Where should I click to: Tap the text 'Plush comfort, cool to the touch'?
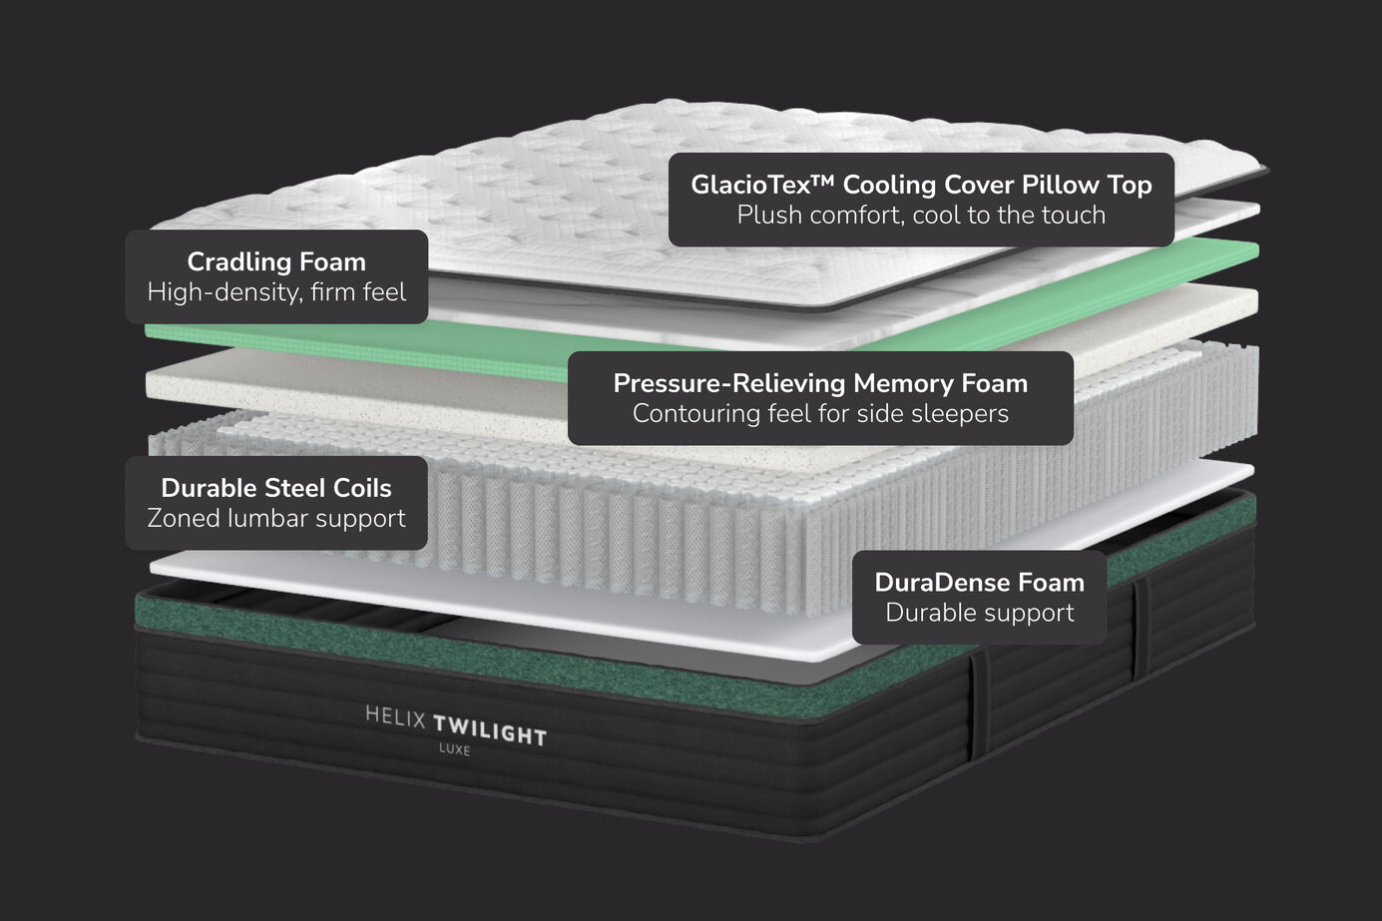[x=921, y=216]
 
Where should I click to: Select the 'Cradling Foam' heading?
[x=276, y=261]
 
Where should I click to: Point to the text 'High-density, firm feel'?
[x=276, y=292]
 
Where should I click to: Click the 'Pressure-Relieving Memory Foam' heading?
[x=820, y=383]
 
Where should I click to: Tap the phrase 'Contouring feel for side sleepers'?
[x=820, y=414]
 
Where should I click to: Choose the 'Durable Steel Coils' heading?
[x=276, y=488]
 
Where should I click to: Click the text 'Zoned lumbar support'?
[x=276, y=519]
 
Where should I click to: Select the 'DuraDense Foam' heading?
[x=979, y=582]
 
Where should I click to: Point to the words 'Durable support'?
[x=979, y=613]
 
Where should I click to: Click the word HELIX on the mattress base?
[x=395, y=716]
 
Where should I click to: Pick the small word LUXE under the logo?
[x=454, y=749]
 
